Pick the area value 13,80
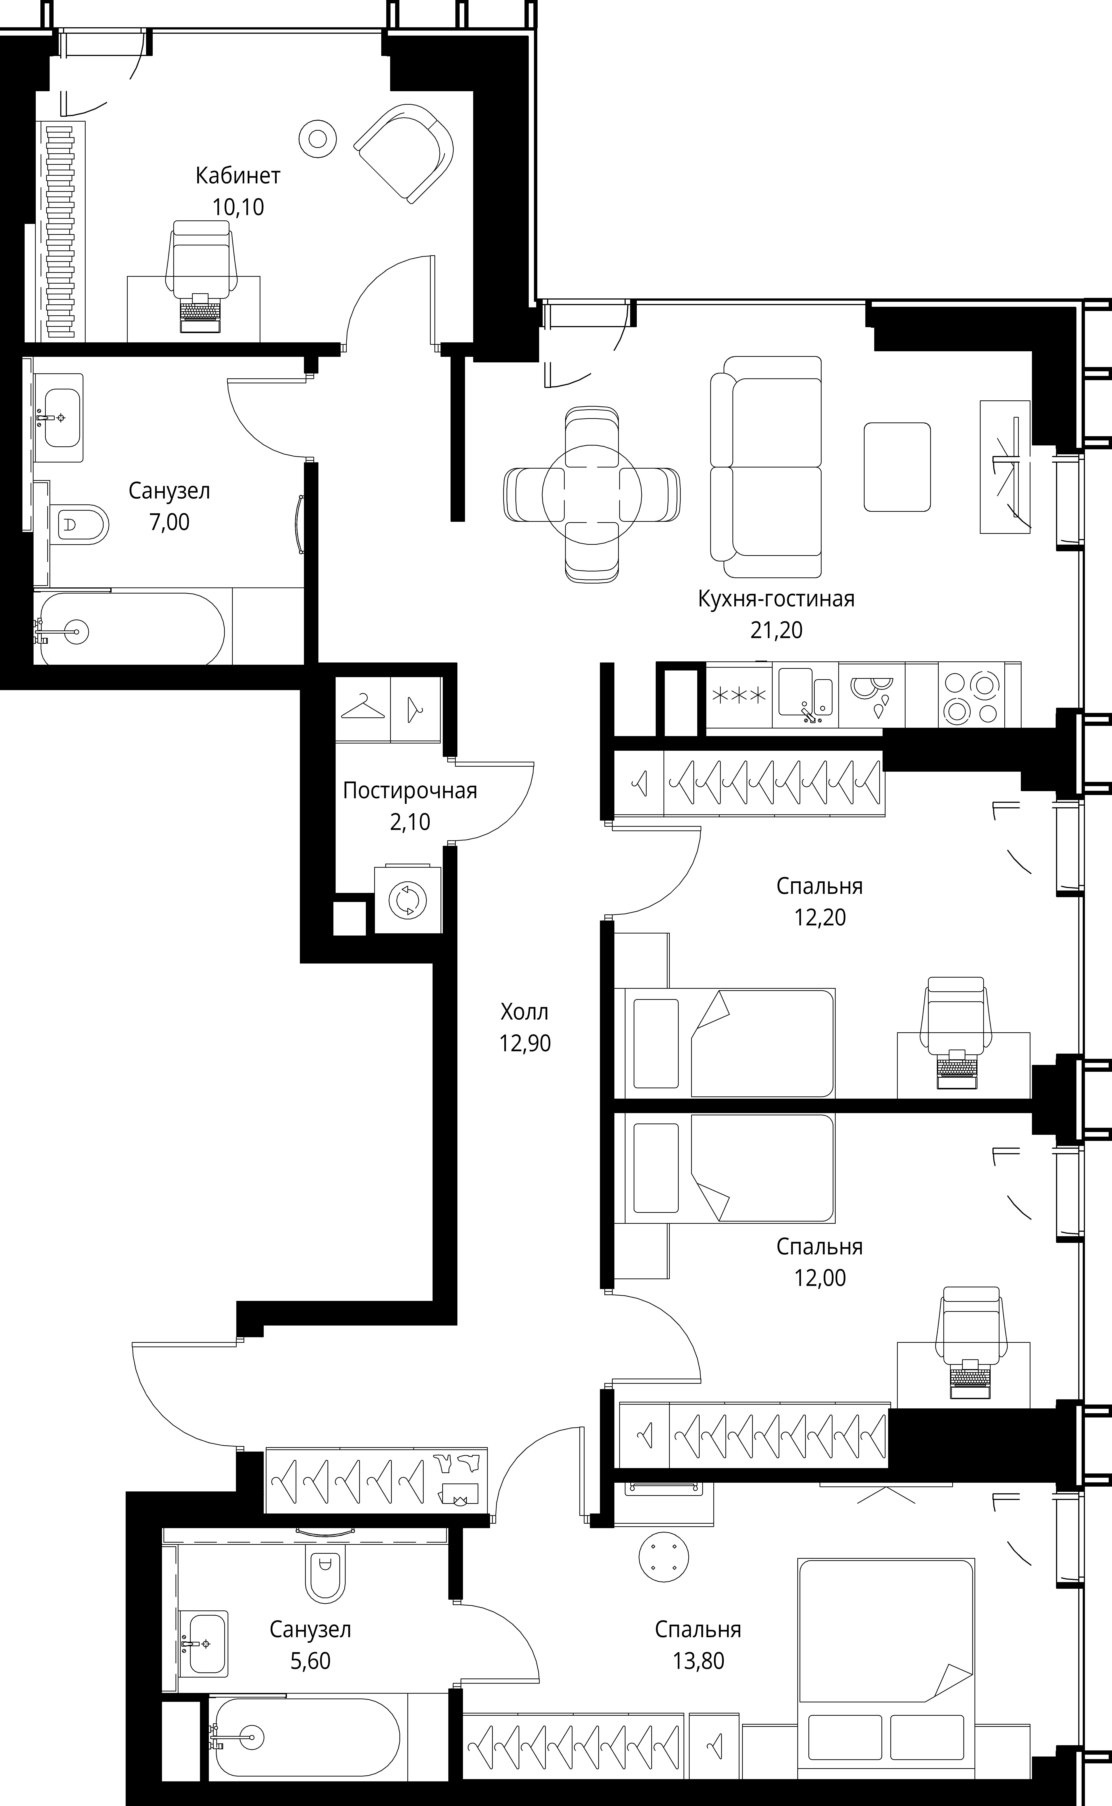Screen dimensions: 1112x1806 point(698,1660)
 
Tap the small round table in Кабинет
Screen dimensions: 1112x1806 point(318,138)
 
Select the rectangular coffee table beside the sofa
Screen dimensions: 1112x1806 point(897,467)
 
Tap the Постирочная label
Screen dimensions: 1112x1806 point(410,791)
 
